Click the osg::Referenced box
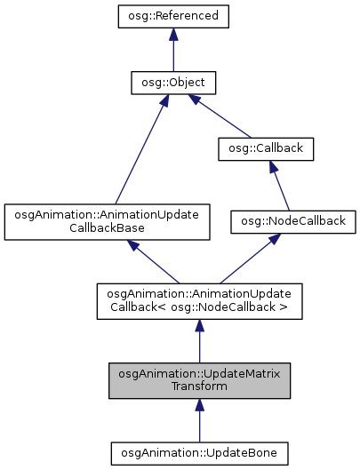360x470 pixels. click(172, 16)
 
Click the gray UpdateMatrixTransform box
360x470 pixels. click(200, 380)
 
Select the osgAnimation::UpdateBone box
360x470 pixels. click(200, 453)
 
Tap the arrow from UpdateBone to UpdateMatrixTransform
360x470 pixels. click(200, 419)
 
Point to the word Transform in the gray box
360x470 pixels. click(200, 386)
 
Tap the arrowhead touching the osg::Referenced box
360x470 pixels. click(172, 34)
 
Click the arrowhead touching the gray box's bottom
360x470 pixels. click(200, 405)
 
